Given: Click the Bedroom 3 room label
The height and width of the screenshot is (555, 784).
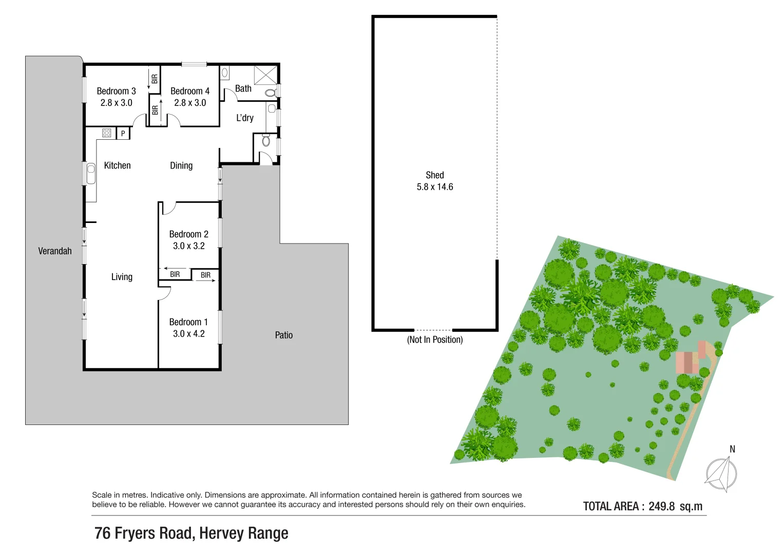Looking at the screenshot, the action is (x=116, y=91).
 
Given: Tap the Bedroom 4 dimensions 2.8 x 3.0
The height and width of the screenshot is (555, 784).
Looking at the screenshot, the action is (x=190, y=103).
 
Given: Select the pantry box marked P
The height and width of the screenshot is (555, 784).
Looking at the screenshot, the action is (x=123, y=133).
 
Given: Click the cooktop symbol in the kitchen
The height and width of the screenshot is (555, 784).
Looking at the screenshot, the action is (x=107, y=133).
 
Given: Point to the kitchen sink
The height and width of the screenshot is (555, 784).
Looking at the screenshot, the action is (x=91, y=173).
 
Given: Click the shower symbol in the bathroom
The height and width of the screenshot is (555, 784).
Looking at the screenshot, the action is (x=265, y=75).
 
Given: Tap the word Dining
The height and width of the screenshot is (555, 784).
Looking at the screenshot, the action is (x=181, y=165).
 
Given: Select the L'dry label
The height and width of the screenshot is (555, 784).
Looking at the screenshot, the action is (x=245, y=118).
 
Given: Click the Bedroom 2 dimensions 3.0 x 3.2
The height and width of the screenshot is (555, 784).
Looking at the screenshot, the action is (x=188, y=246).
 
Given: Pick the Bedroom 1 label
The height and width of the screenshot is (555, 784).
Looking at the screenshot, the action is (x=188, y=322).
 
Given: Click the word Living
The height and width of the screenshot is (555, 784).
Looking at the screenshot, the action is (x=122, y=277).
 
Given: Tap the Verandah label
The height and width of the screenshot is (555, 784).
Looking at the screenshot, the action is (x=55, y=251).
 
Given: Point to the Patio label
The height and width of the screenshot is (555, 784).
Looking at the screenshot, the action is (x=284, y=335).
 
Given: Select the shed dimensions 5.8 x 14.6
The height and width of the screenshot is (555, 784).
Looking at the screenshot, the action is (x=435, y=187).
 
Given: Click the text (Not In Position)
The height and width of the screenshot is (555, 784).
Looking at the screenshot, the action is (x=435, y=340).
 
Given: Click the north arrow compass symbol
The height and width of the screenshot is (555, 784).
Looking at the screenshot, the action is (x=722, y=474).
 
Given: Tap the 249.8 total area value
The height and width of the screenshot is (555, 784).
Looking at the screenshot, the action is (x=661, y=506).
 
